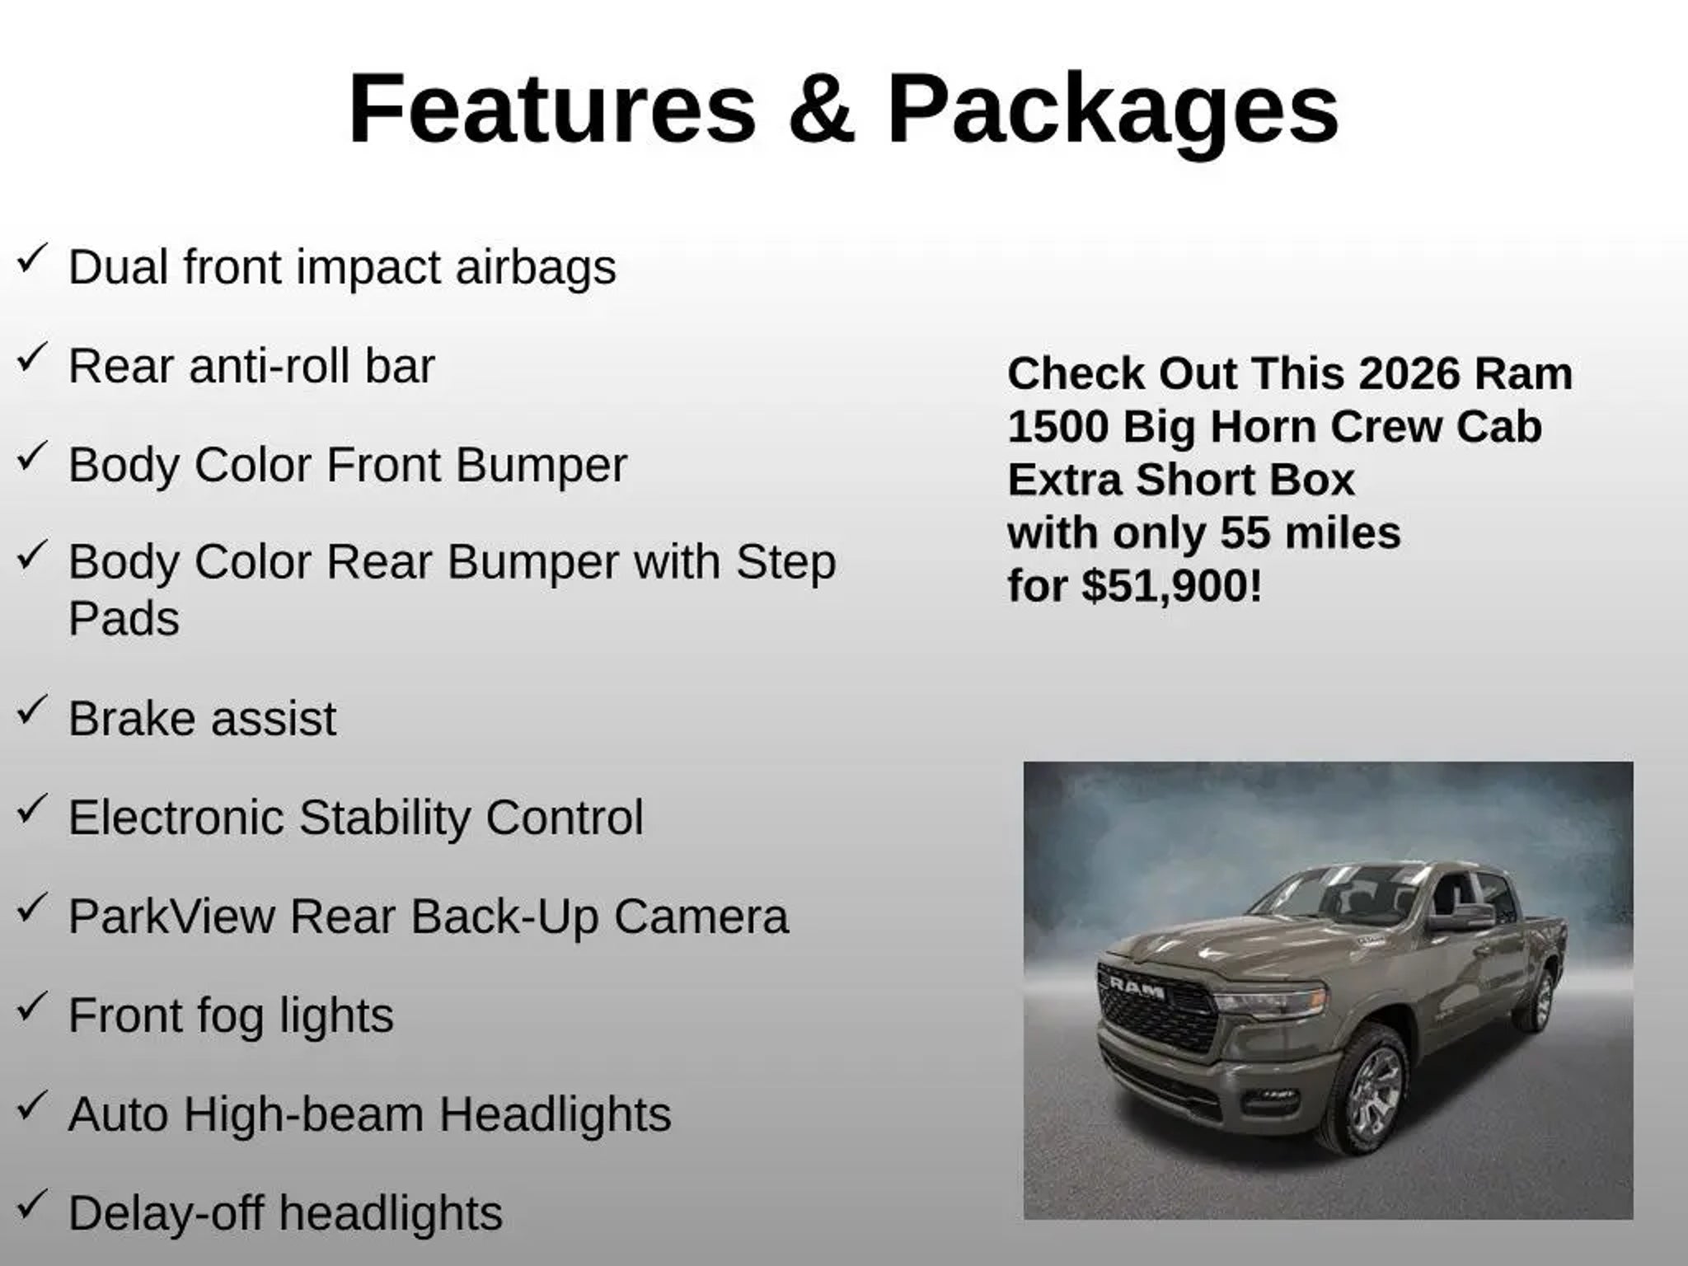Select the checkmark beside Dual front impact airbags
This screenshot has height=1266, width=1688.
click(31, 260)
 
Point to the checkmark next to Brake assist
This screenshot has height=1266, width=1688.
click(31, 711)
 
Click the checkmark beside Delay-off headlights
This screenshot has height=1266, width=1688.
click(31, 1206)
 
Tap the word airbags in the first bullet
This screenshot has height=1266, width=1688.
click(536, 268)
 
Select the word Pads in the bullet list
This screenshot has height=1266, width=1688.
click(124, 618)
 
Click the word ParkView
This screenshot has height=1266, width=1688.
click(171, 917)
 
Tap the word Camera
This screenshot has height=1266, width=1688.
click(701, 917)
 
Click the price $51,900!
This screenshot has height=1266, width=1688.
click(1172, 586)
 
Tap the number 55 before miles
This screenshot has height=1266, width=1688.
click(1246, 533)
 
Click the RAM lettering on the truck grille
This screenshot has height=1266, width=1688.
click(1137, 987)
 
